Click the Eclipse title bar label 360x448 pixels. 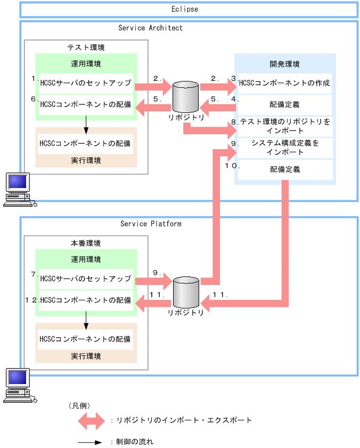(x=185, y=9)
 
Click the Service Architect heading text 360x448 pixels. (x=150, y=28)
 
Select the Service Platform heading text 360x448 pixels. (x=151, y=224)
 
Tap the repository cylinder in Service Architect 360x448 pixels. (x=185, y=97)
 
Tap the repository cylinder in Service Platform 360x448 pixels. (x=185, y=292)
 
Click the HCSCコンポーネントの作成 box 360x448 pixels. (x=285, y=84)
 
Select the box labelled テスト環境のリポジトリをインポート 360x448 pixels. (x=285, y=126)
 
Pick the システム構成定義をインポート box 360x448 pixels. (x=285, y=148)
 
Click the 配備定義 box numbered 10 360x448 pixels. (x=285, y=169)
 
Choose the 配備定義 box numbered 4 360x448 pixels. (x=285, y=105)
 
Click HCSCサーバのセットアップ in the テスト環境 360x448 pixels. (x=86, y=84)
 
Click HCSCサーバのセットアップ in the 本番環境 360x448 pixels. (x=86, y=279)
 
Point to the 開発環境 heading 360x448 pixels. (x=284, y=64)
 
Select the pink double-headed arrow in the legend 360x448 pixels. (x=92, y=420)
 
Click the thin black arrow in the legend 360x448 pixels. (x=92, y=442)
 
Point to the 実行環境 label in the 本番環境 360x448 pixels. (x=86, y=356)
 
